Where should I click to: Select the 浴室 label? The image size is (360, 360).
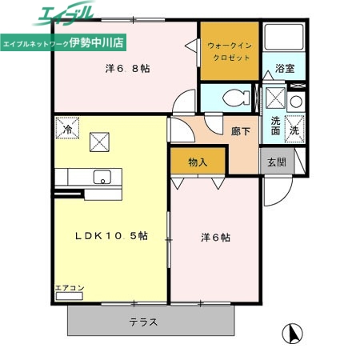(x=286, y=68)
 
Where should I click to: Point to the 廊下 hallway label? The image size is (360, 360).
(x=240, y=132)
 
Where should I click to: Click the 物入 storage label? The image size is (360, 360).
(x=198, y=162)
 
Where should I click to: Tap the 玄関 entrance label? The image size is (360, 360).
(x=276, y=162)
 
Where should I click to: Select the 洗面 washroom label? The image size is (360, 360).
(x=275, y=126)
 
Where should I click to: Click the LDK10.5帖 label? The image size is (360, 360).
(x=111, y=236)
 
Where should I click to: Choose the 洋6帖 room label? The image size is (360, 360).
(x=215, y=237)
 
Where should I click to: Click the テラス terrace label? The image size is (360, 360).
(x=143, y=323)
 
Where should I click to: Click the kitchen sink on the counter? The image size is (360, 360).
(x=102, y=178)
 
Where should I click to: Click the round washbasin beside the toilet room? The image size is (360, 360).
(x=295, y=102)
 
